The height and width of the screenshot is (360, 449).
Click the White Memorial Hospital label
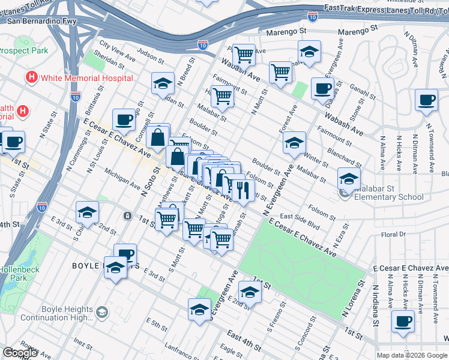tap(86, 78)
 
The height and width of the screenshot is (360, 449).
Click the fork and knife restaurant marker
tap(243, 190)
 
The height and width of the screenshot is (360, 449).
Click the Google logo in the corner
tap(20, 353)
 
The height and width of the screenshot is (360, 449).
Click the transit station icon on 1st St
tap(127, 215)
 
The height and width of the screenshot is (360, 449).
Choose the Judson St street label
tap(149, 56)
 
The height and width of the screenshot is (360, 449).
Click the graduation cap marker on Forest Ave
tap(294, 143)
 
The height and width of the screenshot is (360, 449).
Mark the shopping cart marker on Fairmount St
tap(223, 95)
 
